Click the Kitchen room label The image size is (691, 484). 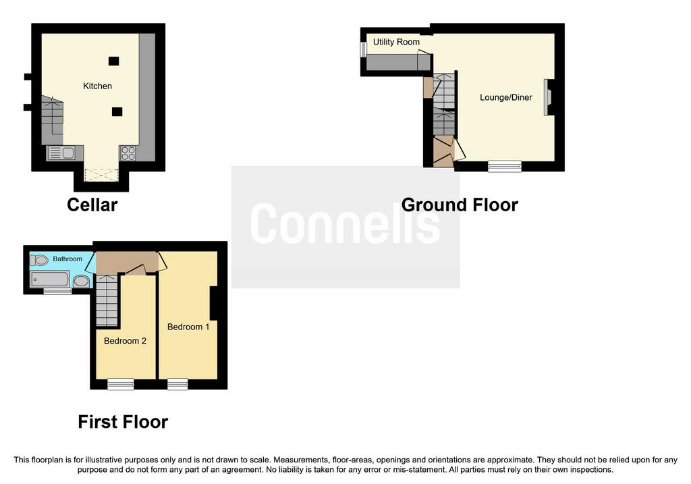point(97,86)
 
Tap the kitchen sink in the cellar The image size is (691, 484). point(61,153)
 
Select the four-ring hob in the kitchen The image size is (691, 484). point(128,153)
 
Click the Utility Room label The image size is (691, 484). point(396,42)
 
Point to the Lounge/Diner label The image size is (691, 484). point(506,97)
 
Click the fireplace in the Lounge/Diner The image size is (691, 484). point(547,97)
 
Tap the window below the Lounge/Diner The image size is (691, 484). point(505,166)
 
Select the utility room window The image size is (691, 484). point(363,49)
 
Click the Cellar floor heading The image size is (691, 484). point(92,205)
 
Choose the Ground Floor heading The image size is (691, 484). point(460,205)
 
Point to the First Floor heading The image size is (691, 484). point(123,422)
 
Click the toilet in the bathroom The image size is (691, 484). point(39,260)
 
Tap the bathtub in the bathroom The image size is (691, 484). point(50,279)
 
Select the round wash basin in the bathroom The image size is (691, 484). point(81,281)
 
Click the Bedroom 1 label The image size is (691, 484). point(188,327)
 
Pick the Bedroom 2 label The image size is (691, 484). point(125,341)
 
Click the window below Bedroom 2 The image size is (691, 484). point(121,384)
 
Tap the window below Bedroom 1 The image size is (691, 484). point(177,384)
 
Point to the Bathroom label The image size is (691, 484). point(67,259)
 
